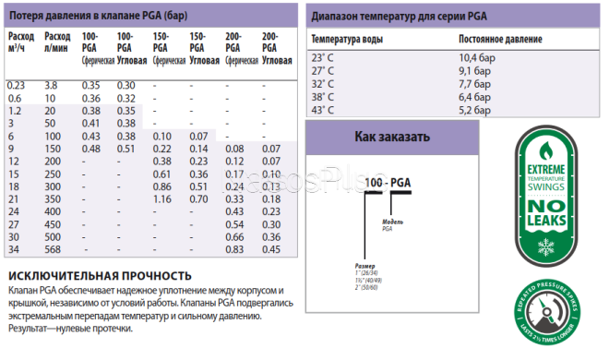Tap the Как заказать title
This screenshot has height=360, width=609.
tap(392, 138)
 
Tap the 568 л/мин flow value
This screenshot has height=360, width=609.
tap(54, 249)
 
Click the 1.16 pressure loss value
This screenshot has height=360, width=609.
tap(162, 198)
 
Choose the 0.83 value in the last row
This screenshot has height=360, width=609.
tap(234, 249)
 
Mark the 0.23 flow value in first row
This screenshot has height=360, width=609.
tap(16, 85)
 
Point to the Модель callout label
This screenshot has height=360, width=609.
tap(393, 222)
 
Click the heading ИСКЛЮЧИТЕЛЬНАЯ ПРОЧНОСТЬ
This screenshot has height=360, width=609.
tap(100, 276)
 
